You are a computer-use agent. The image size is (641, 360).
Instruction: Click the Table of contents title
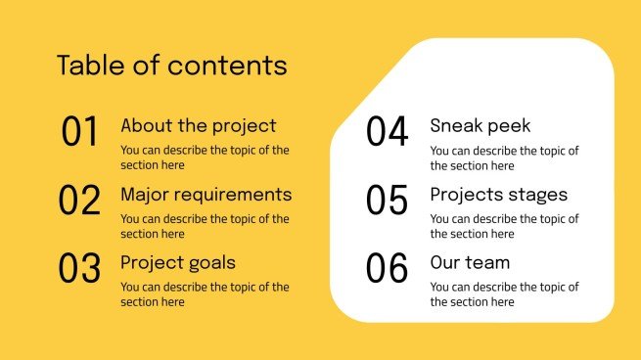pos(172,66)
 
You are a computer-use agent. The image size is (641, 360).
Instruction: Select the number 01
pos(80,132)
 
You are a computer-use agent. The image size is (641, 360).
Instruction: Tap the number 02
pos(80,201)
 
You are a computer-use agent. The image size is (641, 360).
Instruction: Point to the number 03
pos(80,269)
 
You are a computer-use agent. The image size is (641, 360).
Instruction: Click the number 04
pos(388,132)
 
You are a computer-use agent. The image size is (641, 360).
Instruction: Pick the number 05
pos(388,201)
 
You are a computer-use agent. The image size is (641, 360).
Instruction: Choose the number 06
pos(388,269)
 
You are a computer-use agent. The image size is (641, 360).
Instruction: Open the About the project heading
pos(198,126)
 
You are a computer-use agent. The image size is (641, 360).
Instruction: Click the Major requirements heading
pos(206,195)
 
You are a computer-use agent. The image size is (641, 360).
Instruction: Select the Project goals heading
pos(177,263)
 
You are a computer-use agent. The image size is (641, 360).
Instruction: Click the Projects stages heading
pos(499,195)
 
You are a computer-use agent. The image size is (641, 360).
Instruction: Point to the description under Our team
pos(504,294)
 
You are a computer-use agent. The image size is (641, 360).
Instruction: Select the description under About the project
pos(205,157)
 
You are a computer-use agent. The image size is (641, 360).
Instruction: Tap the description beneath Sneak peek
pos(504,157)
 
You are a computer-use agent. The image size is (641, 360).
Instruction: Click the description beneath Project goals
pos(205,294)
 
